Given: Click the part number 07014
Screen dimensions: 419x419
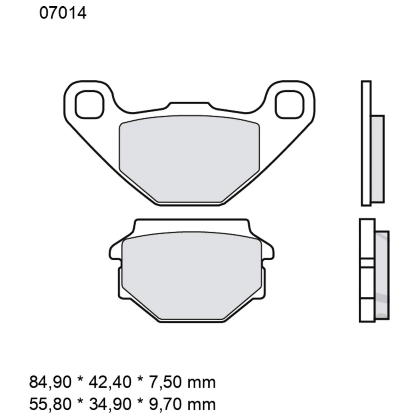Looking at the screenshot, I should (x=63, y=13).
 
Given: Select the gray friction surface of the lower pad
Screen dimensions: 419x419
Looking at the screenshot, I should (x=191, y=272).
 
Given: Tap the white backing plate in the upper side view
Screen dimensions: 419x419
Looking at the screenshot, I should (x=366, y=142).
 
